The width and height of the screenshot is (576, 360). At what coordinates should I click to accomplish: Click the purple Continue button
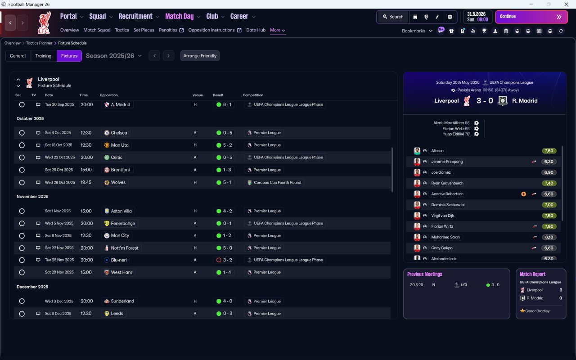click(x=531, y=17)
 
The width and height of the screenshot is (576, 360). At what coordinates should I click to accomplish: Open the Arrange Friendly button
click(x=199, y=56)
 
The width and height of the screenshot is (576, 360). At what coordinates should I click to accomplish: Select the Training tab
click(x=43, y=56)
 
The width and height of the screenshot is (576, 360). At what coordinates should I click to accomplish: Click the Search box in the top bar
click(x=393, y=17)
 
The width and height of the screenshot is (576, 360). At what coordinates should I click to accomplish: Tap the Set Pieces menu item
click(x=144, y=30)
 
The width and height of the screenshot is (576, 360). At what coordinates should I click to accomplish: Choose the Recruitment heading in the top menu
click(x=135, y=17)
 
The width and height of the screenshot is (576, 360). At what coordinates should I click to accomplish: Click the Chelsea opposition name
click(x=119, y=133)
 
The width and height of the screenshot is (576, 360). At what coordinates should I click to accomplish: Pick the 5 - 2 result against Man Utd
click(x=227, y=145)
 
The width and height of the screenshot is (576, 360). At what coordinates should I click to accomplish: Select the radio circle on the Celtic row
click(x=22, y=157)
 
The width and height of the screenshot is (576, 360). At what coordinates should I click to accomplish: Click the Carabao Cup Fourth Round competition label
click(x=278, y=182)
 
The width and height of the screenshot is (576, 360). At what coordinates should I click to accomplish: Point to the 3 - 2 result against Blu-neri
click(x=227, y=260)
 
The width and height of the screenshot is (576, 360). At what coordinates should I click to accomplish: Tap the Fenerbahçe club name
click(x=123, y=223)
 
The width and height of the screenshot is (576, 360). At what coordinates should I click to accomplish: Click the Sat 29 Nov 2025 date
click(x=59, y=272)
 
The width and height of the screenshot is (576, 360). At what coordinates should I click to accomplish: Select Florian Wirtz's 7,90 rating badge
click(x=549, y=226)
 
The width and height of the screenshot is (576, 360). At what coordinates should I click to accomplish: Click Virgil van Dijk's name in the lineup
click(x=442, y=216)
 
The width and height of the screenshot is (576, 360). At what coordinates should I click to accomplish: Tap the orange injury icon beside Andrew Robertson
click(x=523, y=194)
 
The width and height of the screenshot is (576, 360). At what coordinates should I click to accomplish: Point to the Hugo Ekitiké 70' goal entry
click(x=456, y=134)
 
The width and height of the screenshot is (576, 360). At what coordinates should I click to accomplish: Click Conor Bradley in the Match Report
click(x=537, y=311)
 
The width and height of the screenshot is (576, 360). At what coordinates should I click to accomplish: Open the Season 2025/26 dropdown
click(x=114, y=56)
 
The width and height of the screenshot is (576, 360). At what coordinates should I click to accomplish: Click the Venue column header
click(x=198, y=95)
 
